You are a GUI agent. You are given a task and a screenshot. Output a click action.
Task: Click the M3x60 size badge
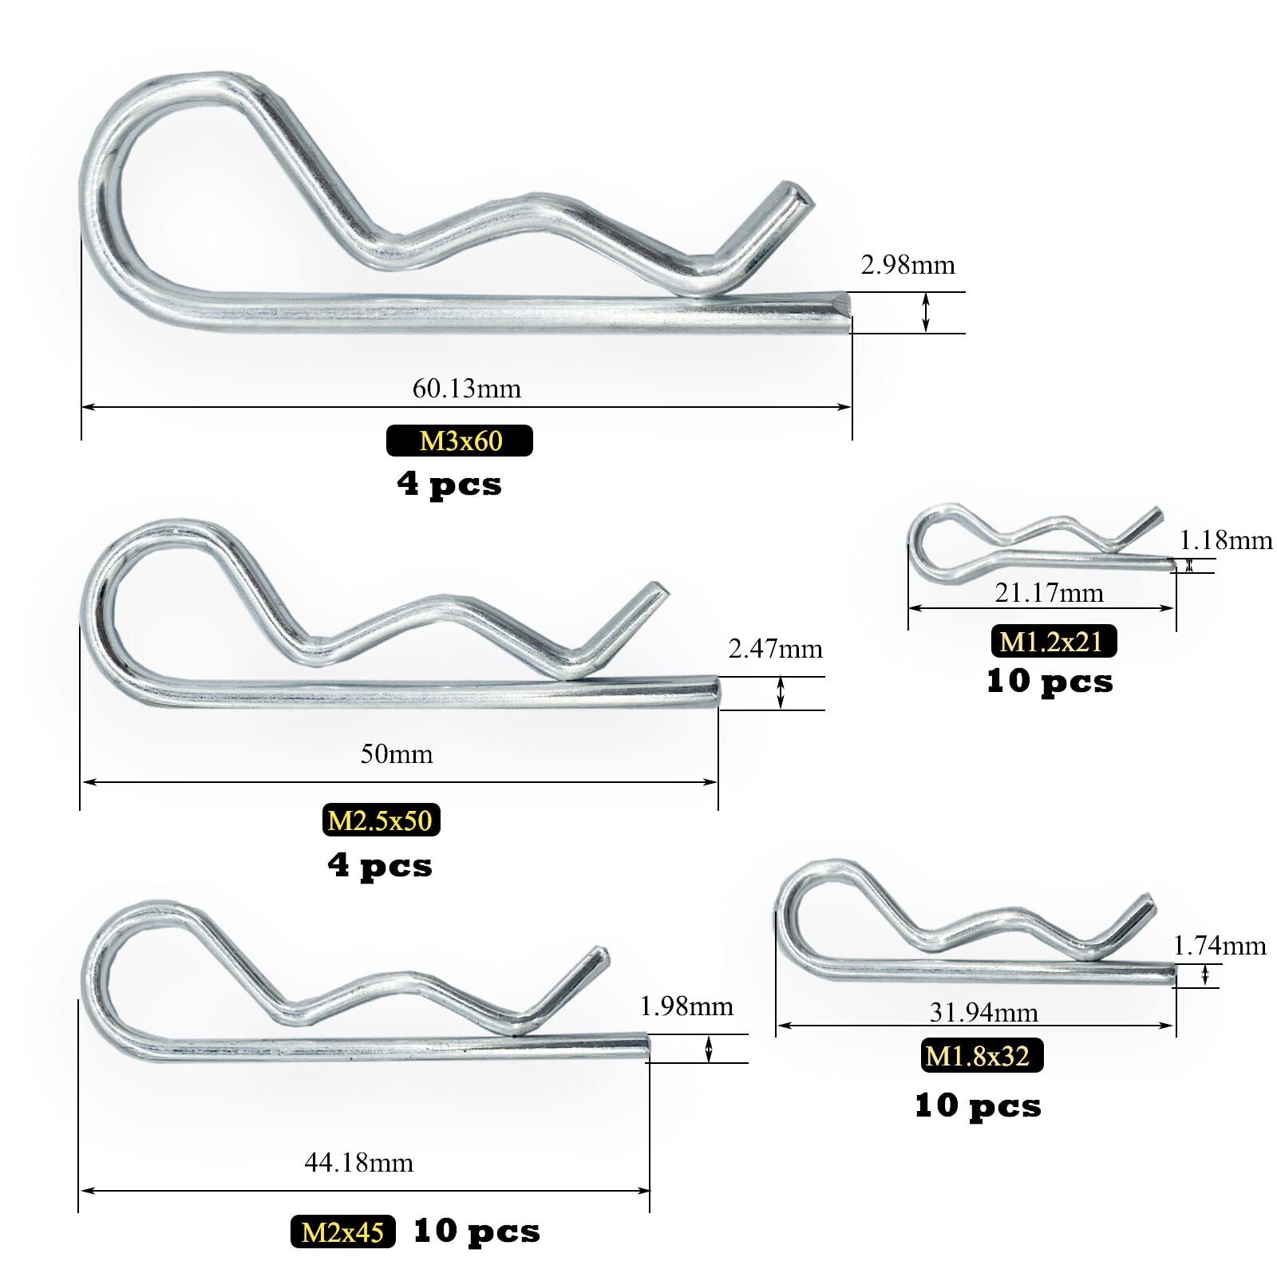click(460, 441)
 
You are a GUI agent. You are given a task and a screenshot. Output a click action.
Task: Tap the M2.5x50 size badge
click(382, 820)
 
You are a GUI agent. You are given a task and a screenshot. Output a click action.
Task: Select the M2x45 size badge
click(343, 1232)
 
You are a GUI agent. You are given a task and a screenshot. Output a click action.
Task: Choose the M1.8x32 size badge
click(982, 1056)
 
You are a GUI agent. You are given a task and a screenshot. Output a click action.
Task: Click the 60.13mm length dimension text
click(466, 389)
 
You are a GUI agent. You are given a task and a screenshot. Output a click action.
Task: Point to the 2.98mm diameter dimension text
click(907, 265)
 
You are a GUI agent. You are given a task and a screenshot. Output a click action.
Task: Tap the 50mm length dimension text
click(397, 754)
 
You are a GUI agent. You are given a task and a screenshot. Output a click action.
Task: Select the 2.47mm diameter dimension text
click(775, 649)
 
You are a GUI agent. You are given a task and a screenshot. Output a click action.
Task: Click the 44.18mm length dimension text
click(358, 1163)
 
